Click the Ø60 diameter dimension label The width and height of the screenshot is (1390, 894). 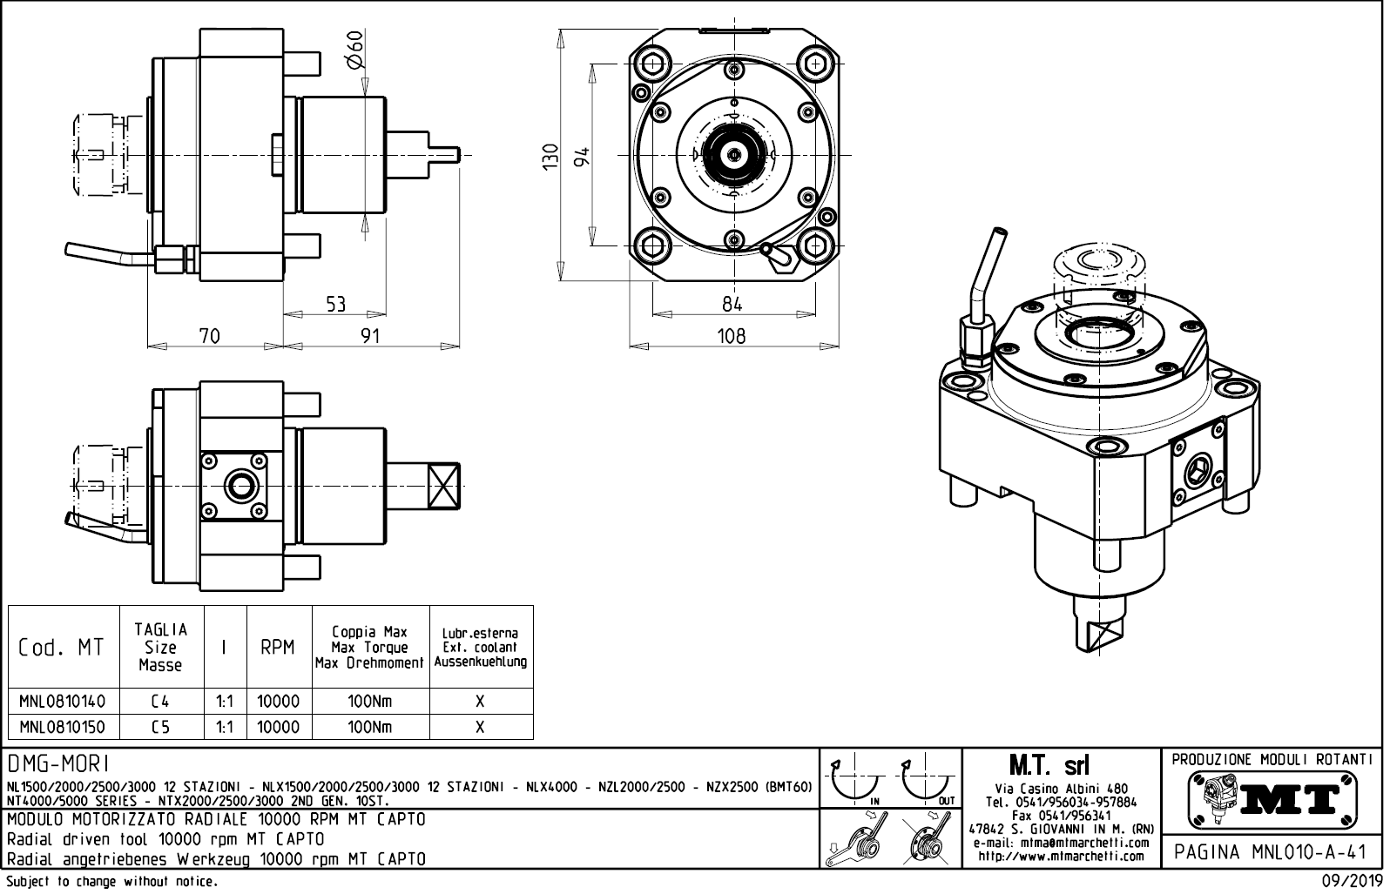[354, 51]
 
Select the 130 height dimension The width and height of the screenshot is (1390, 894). [550, 157]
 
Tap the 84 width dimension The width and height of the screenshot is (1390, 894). [732, 304]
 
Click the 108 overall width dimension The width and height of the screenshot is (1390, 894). [732, 336]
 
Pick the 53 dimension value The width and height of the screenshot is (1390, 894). [336, 304]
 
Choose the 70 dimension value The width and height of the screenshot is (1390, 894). [210, 336]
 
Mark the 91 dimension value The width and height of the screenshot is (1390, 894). [371, 336]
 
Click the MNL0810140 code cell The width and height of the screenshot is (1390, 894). [62, 702]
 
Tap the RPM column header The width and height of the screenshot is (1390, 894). [278, 648]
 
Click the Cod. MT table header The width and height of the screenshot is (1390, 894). [62, 648]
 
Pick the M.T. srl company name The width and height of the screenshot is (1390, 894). [1049, 766]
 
